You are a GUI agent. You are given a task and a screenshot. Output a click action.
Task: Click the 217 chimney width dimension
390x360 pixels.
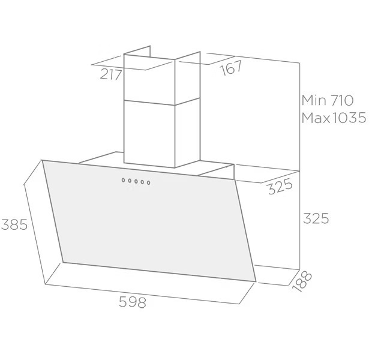pos(111,74)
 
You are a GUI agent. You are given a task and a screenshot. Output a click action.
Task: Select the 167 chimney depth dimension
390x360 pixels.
pos(231,68)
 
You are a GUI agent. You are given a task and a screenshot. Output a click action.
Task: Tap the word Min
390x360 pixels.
pos(314,100)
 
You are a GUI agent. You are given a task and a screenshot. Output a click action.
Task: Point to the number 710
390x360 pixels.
pos(342,100)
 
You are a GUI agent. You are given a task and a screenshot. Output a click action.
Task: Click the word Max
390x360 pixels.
pos(316,118)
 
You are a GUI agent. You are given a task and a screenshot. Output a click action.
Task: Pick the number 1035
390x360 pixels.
pos(349,118)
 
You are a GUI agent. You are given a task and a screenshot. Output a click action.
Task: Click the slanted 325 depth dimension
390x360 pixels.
pos(280,187)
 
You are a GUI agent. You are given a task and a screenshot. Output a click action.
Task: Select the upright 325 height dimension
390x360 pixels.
pos(316,218)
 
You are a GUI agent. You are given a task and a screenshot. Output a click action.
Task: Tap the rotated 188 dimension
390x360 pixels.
pos(302,281)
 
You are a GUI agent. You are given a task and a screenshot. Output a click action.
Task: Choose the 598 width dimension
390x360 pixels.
pos(133,302)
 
